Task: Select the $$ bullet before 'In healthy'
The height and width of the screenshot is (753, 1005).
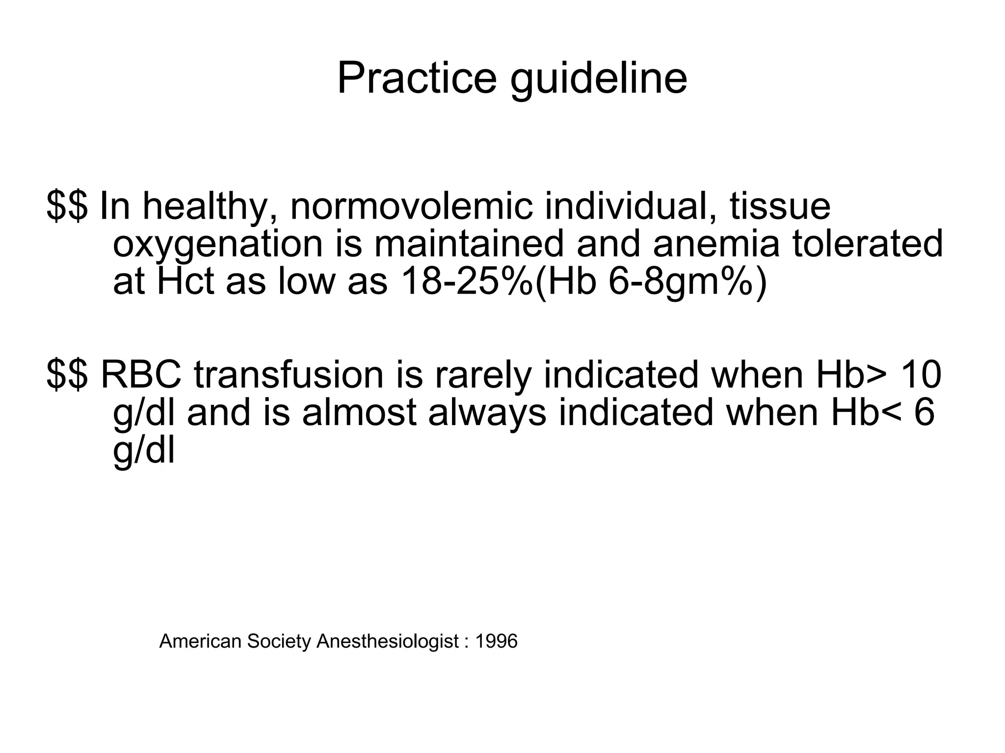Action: tap(67, 206)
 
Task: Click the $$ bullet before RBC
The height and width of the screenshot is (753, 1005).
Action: tap(67, 375)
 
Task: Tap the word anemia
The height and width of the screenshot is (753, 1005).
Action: tap(716, 244)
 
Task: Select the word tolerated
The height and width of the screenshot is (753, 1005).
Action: tap(868, 244)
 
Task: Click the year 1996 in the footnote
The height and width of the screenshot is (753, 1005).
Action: tap(496, 641)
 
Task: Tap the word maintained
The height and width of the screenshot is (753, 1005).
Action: tap(469, 244)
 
